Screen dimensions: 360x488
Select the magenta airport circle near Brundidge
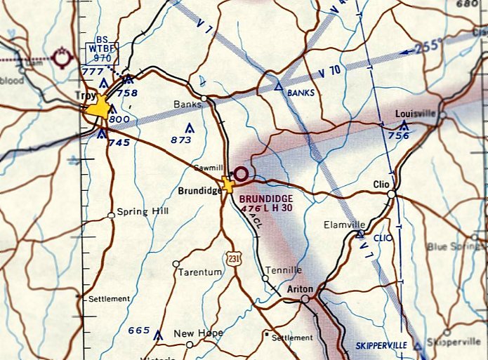click(x=242, y=173)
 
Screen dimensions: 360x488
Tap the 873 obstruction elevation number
click(x=180, y=140)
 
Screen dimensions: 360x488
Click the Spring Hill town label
click(x=143, y=211)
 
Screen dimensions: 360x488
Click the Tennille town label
click(x=284, y=270)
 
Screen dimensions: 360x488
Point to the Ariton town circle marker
click(x=305, y=300)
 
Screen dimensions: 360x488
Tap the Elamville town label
click(x=341, y=225)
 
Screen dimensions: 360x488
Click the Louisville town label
click(x=416, y=113)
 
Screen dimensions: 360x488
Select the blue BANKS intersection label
click(x=301, y=92)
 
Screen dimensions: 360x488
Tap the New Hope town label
click(x=199, y=333)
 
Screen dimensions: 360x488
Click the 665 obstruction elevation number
click(x=139, y=330)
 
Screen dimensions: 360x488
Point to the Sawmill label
click(x=210, y=168)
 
